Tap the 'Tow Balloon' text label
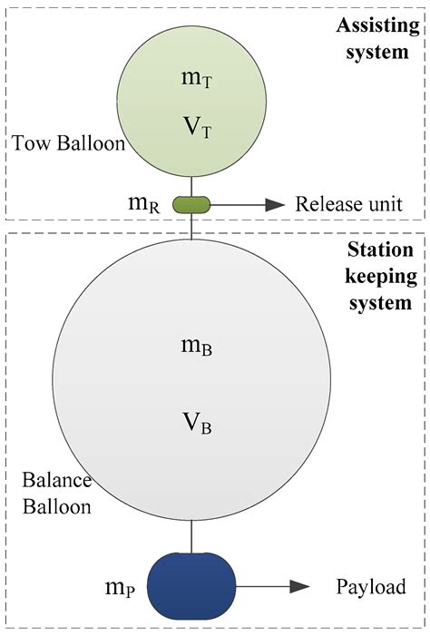click(69, 144)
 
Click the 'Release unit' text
click(347, 204)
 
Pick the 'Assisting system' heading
click(374, 38)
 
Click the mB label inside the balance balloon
click(199, 346)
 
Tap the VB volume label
click(199, 422)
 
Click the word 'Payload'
click(370, 586)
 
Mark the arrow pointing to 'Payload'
click(272, 586)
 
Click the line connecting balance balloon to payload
click(191, 541)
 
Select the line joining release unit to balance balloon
click(191, 227)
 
